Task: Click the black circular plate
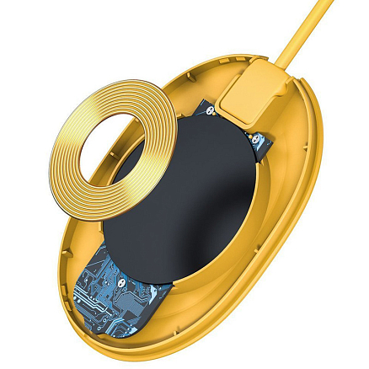point(185,202)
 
